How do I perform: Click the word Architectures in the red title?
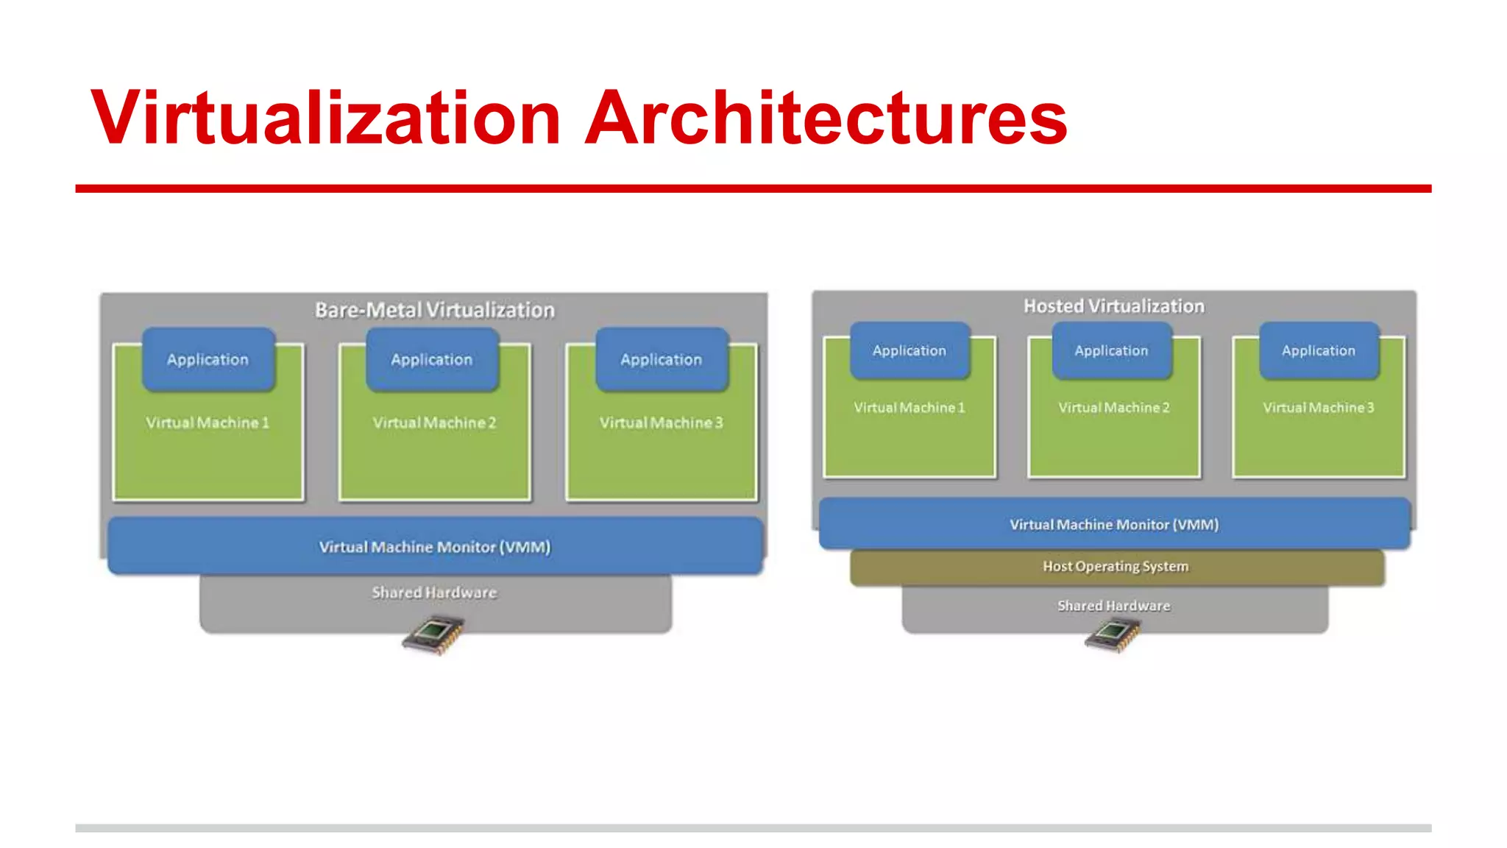[826, 118]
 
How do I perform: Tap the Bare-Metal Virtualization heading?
[434, 310]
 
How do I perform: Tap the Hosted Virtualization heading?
[1114, 306]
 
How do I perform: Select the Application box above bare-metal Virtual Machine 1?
[208, 359]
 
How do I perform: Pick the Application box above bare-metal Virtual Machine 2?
[432, 359]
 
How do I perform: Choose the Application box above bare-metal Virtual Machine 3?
[662, 359]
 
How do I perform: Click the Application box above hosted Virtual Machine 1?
[909, 350]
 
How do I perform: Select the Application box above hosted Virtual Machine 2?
[1111, 350]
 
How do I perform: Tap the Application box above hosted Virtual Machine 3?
[1319, 350]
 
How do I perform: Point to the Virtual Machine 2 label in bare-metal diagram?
[434, 423]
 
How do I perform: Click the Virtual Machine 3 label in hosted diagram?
[1319, 407]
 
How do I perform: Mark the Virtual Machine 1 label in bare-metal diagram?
[208, 423]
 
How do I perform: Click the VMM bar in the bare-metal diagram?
[434, 546]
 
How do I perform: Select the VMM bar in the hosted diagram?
[1114, 524]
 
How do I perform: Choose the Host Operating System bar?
[1116, 566]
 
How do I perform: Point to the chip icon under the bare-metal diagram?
[433, 635]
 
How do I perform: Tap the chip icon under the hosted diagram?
[1113, 635]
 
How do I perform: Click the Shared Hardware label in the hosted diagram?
[1114, 606]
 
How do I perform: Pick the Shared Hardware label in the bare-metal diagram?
[434, 593]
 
